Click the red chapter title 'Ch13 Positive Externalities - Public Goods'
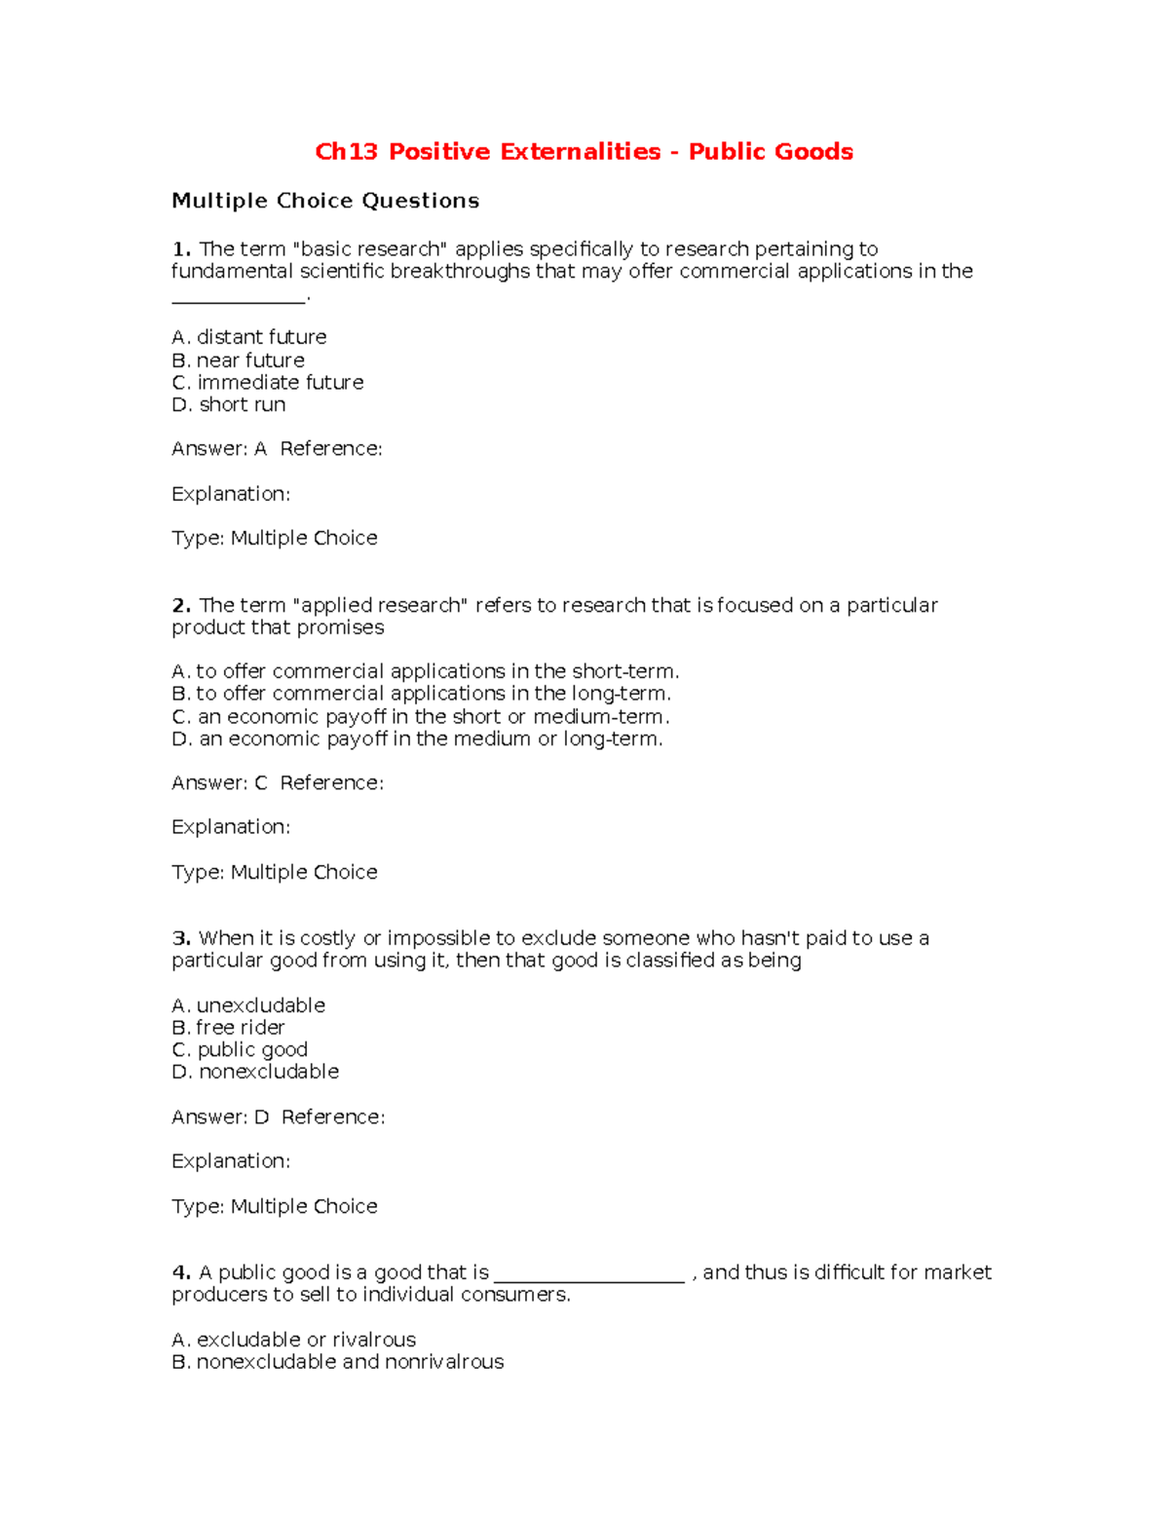(x=584, y=152)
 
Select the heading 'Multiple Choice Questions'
(x=325, y=201)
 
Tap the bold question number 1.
(x=180, y=249)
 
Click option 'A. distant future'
(x=249, y=337)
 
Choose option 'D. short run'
(x=229, y=404)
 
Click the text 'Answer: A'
(x=219, y=449)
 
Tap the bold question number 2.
(x=180, y=606)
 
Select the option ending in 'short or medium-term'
(x=421, y=717)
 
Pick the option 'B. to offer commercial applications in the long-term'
(x=421, y=694)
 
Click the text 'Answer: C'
(x=219, y=783)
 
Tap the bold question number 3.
(x=180, y=938)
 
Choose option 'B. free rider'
(x=229, y=1028)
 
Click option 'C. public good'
(x=240, y=1050)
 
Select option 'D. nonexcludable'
(x=255, y=1072)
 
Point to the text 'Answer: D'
(x=220, y=1117)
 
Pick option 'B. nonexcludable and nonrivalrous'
(x=338, y=1362)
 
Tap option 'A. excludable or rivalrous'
(x=294, y=1340)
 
